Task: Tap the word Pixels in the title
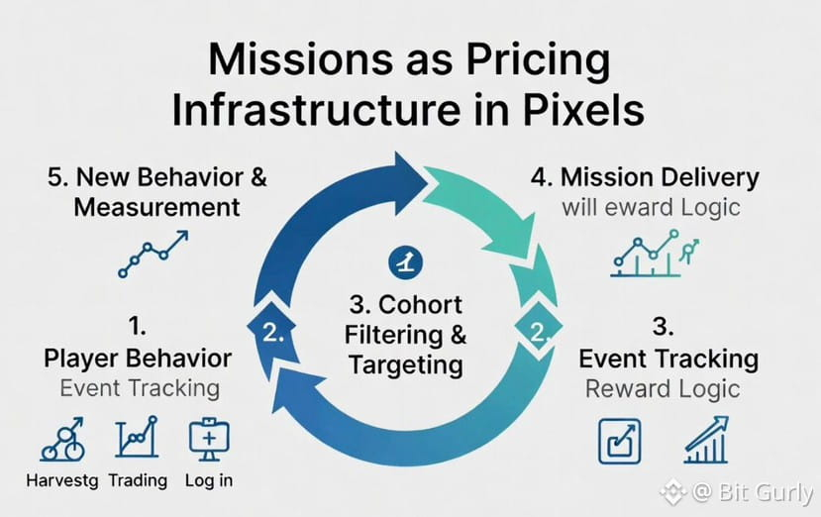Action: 582,110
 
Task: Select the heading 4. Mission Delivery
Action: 645,177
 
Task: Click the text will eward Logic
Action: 651,207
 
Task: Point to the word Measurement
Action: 156,207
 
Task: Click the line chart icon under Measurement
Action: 153,255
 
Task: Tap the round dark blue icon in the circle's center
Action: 405,262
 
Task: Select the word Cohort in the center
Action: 420,305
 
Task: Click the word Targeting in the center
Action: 406,365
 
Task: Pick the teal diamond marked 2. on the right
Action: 539,328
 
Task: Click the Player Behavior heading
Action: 138,359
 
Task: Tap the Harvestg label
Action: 62,481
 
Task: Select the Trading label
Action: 138,480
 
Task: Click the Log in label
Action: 209,480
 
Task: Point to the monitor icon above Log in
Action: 209,439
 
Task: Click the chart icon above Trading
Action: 137,437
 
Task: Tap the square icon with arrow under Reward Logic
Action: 619,441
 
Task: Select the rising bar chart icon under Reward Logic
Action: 706,440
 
